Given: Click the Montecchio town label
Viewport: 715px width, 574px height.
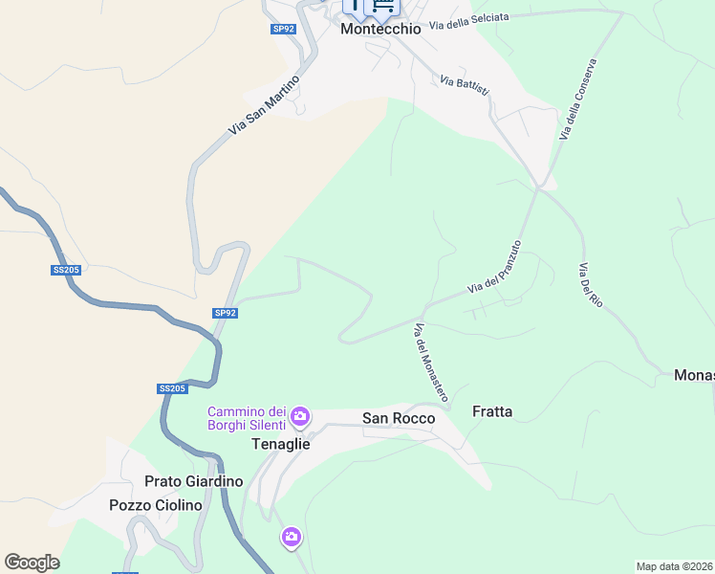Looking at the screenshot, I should tap(380, 29).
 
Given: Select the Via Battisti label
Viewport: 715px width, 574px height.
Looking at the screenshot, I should tap(465, 84).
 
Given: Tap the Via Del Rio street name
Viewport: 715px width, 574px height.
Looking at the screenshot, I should tap(590, 285).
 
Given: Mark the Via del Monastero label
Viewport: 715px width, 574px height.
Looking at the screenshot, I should tap(431, 362).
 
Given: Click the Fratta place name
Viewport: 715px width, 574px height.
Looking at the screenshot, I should tap(492, 411).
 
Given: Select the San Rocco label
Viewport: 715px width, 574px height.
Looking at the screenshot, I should tap(399, 418).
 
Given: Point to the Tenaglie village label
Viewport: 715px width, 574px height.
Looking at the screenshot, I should tap(280, 444).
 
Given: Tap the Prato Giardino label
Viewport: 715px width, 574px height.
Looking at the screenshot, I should tap(193, 481).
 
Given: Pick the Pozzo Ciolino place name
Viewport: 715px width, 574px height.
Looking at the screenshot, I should tap(156, 505).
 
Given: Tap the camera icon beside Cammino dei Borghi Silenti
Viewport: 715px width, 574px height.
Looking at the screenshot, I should tap(300, 415).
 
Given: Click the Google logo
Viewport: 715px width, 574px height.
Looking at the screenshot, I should tap(32, 563).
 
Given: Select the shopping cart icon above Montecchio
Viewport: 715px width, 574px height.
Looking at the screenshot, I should tap(383, 8).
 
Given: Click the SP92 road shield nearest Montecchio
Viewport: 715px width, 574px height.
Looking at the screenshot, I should tap(284, 29).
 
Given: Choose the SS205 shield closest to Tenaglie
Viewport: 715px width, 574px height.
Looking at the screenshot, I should tap(172, 388).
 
